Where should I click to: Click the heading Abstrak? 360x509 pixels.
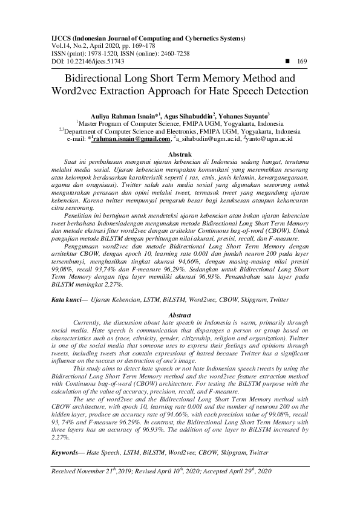pos(179,155)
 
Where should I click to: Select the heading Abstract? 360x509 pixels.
pos(179,316)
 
